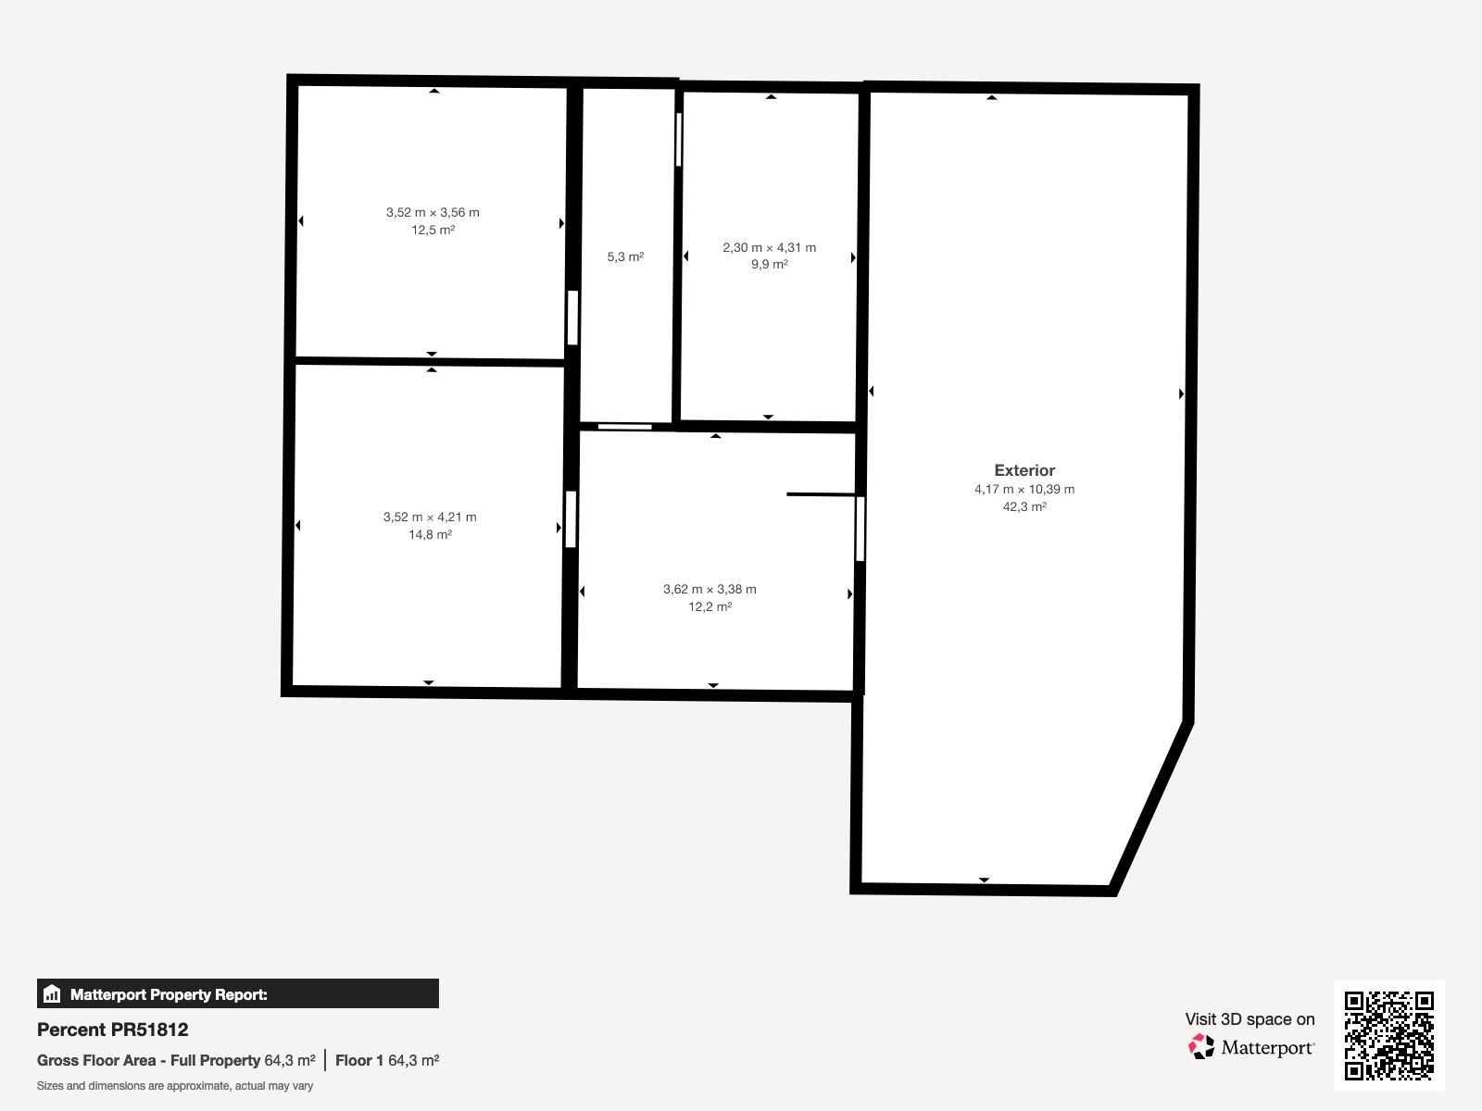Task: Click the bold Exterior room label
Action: click(x=1024, y=470)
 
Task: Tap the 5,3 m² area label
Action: click(x=625, y=257)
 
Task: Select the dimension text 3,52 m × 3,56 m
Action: click(x=433, y=213)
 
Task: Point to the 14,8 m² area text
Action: click(x=430, y=534)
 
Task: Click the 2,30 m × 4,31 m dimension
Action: click(x=769, y=247)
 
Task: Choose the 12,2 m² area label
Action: click(x=710, y=606)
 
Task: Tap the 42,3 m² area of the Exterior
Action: click(x=1024, y=506)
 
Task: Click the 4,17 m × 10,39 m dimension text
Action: click(x=1024, y=489)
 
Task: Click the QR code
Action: click(x=1388, y=1035)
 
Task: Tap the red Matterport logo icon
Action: click(x=1201, y=1046)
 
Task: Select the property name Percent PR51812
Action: click(x=113, y=1030)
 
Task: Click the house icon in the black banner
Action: click(x=52, y=993)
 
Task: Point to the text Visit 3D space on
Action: click(x=1250, y=1018)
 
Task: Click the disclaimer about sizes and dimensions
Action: click(x=175, y=1085)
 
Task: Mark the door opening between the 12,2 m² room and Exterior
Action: click(x=860, y=529)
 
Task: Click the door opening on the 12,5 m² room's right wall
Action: click(x=572, y=318)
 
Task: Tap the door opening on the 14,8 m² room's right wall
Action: click(x=571, y=519)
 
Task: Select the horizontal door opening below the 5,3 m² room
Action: click(x=624, y=426)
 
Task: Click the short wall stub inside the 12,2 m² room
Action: click(x=822, y=494)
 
